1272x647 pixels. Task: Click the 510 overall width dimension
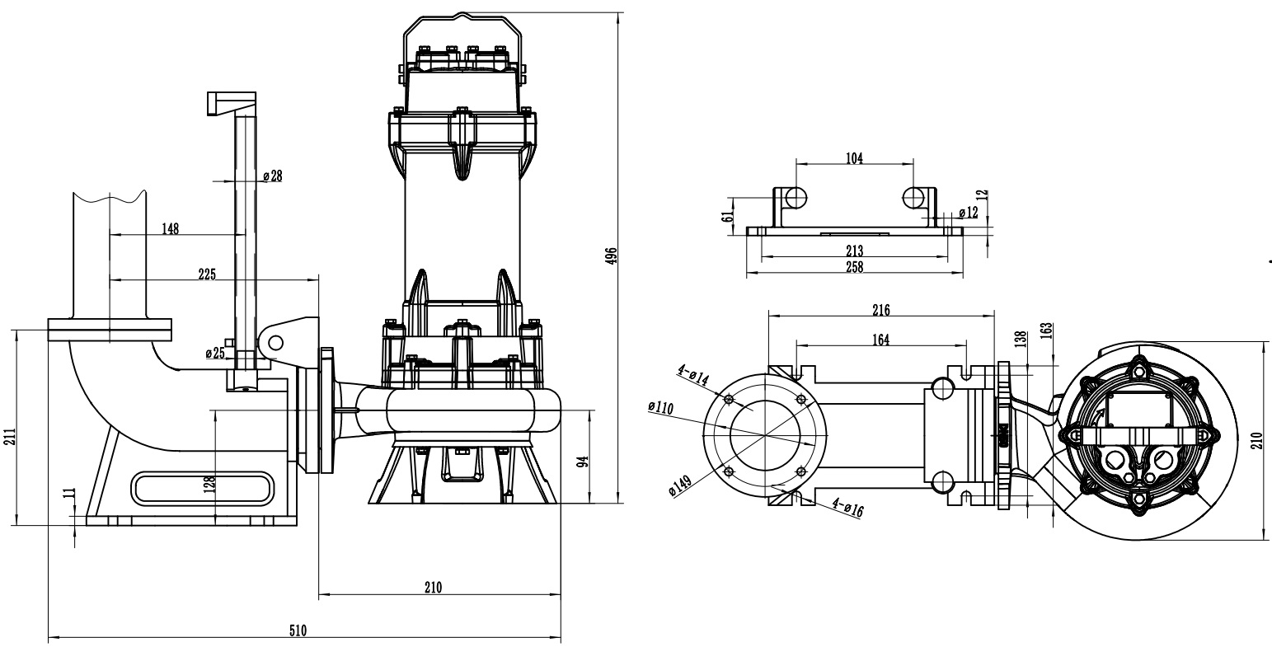298,631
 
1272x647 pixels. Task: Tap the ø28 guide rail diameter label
272,176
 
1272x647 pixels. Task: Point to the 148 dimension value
170,228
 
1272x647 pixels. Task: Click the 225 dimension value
207,274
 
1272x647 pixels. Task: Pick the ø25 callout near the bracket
214,354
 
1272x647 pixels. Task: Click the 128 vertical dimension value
209,482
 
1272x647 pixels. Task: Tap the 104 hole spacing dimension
855,159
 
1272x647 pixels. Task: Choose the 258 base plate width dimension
855,266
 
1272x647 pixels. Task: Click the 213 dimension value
855,251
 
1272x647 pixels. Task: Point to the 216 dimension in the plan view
880,310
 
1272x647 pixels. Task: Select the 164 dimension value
880,340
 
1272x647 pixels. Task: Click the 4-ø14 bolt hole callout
693,374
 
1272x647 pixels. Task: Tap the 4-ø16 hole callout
847,508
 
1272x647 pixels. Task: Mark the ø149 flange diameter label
681,484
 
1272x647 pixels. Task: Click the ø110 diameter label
661,406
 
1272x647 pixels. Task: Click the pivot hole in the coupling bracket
275,342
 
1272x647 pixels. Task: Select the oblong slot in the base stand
202,486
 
